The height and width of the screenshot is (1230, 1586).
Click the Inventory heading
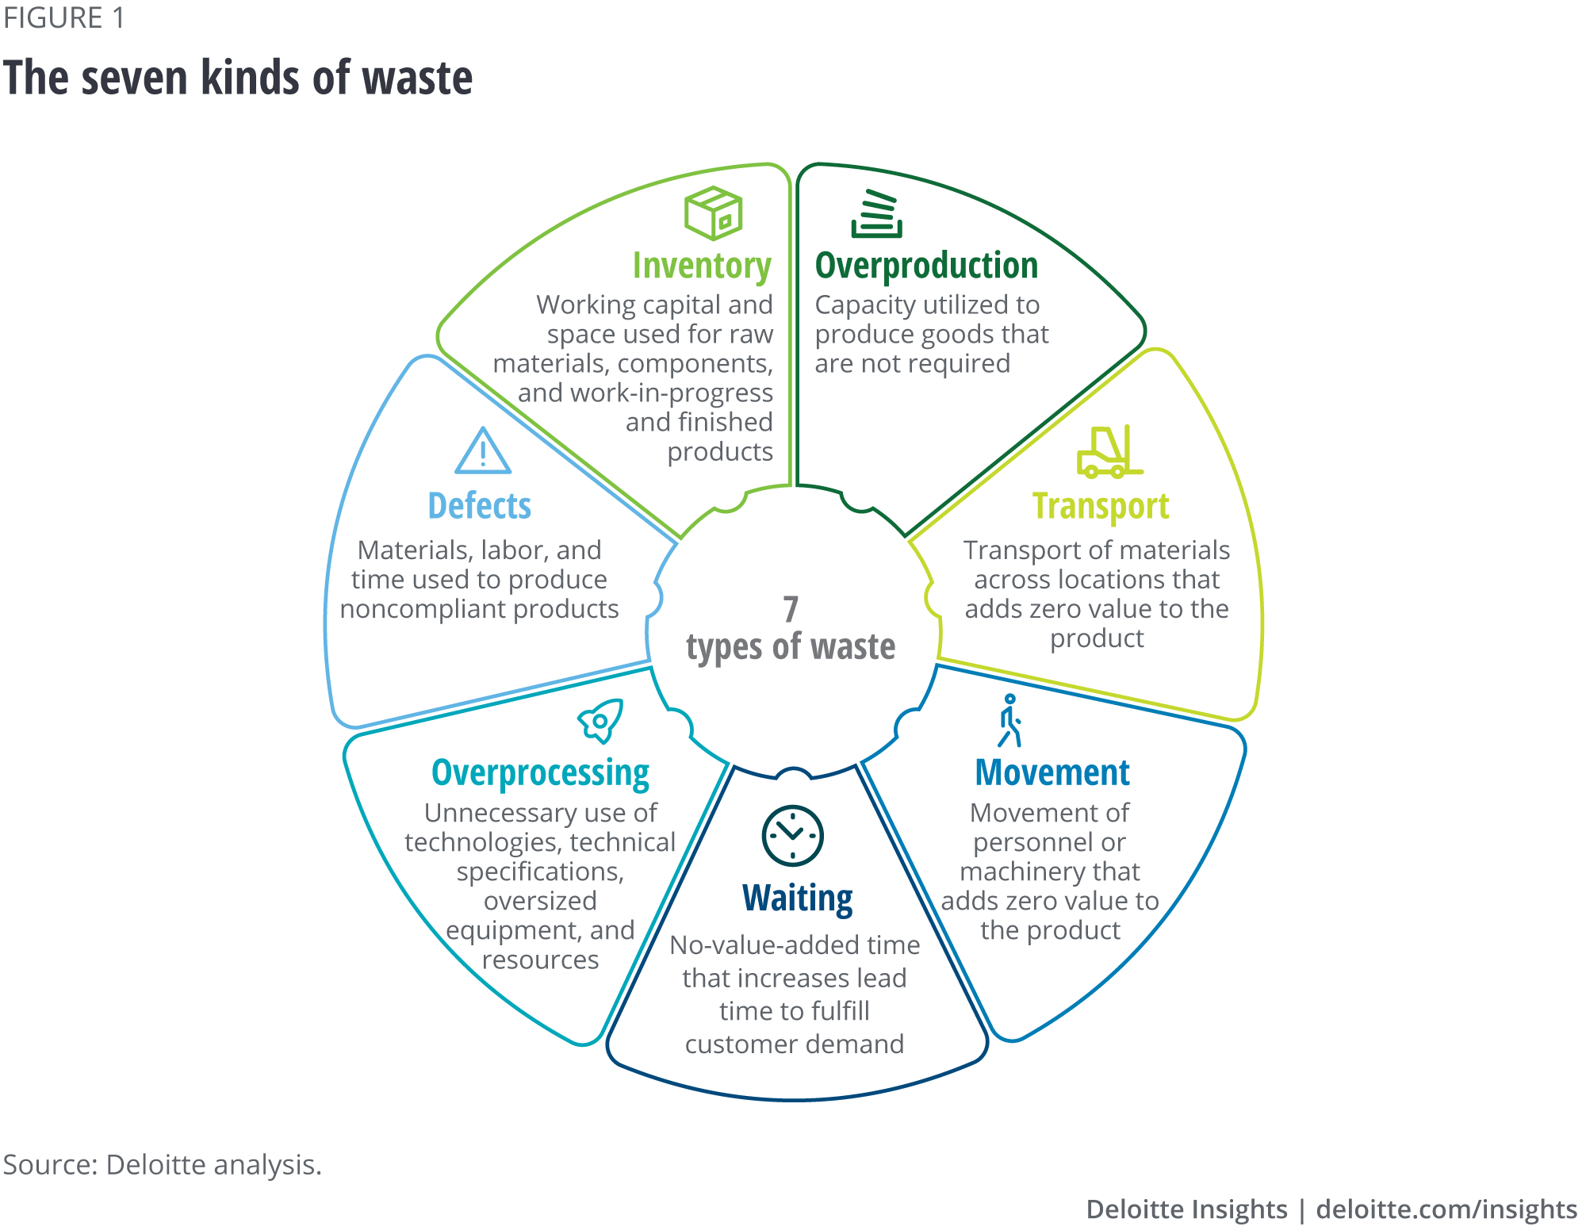coord(702,266)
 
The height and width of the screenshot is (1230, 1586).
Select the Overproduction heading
coord(926,266)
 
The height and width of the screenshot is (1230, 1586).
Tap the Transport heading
coord(1101,507)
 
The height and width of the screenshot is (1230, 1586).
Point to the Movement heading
coord(1052,773)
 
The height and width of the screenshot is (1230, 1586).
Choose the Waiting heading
coord(797,899)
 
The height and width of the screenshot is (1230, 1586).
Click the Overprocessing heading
coord(540,773)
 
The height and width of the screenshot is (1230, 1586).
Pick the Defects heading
coord(479,507)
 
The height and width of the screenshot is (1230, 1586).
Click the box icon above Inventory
coord(713,213)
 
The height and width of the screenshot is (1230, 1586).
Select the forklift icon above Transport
coord(1109,452)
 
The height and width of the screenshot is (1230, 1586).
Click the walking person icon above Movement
coord(1009,721)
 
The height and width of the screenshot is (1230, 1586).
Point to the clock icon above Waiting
coord(792,835)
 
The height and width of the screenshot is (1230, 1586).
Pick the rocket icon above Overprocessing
coord(601,720)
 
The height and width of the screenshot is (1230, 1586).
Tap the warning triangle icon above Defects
coord(483,451)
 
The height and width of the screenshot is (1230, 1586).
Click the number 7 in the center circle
coord(791,610)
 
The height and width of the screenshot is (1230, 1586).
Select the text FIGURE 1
coord(63,18)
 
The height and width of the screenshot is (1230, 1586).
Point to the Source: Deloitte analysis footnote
coord(163,1165)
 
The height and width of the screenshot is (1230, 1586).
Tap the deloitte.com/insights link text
coord(1446,1209)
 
